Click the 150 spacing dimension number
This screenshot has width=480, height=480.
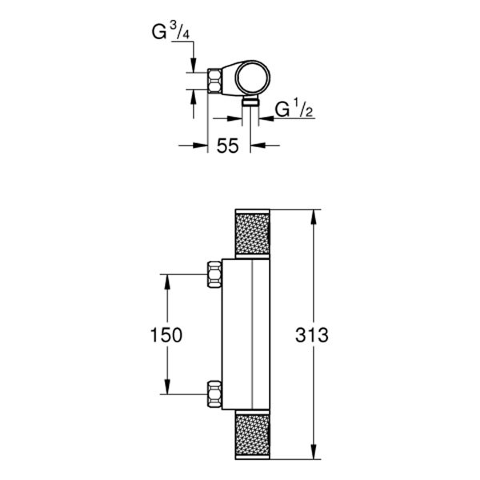(166, 335)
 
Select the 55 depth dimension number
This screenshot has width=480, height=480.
(229, 146)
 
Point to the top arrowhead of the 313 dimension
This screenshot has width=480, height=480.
(312, 215)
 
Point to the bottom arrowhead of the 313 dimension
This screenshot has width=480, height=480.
(312, 456)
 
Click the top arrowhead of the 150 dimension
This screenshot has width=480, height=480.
(166, 279)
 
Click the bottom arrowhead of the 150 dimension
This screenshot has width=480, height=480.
(166, 390)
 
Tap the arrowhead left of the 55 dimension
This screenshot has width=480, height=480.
(201, 146)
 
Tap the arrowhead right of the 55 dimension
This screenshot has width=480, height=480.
(258, 146)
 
